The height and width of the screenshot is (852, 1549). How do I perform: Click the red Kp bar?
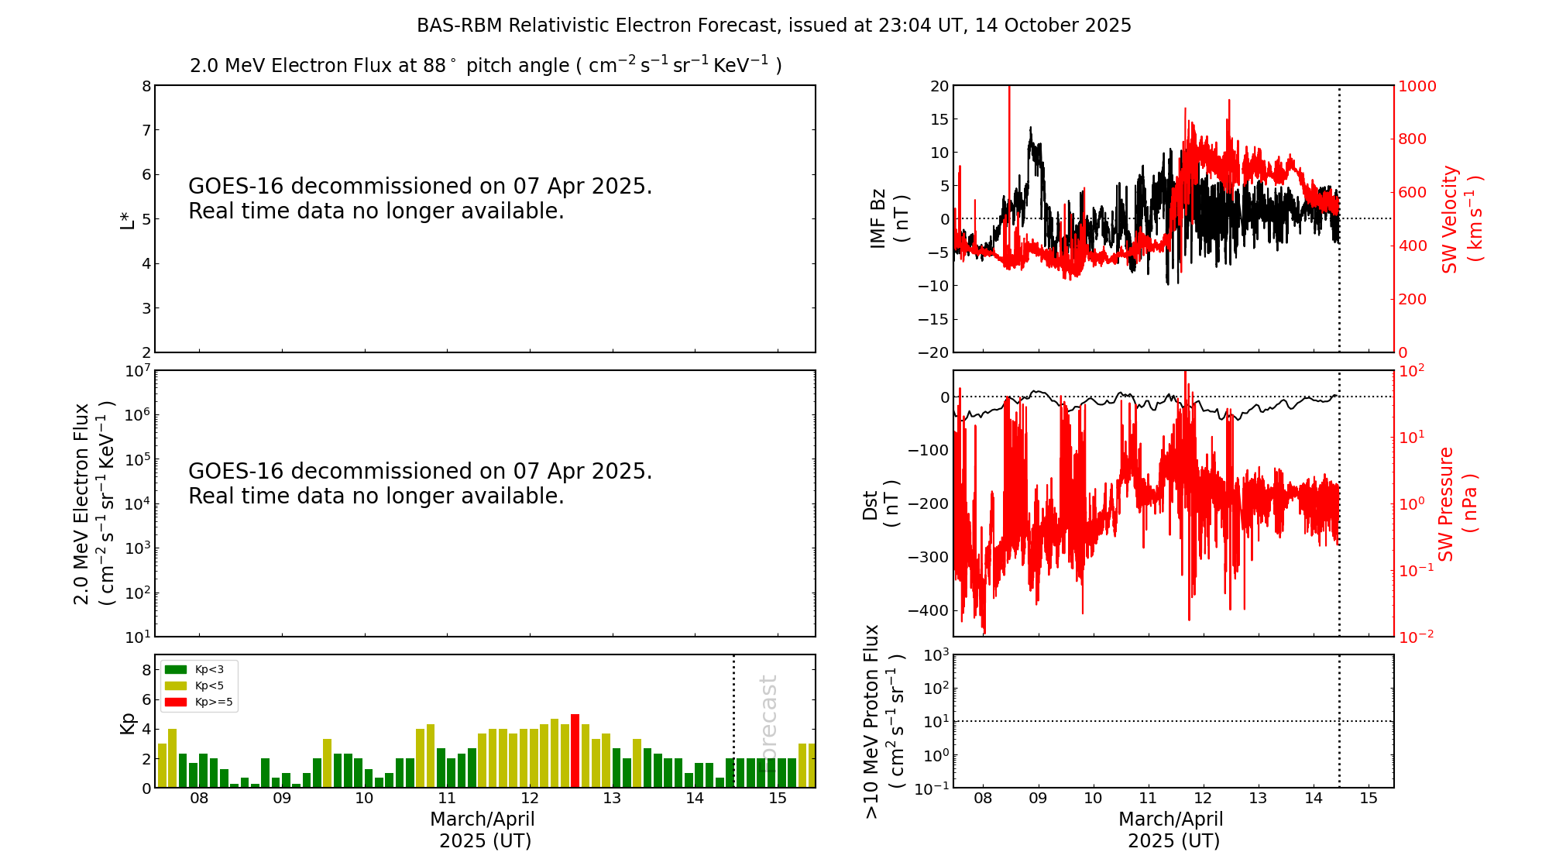coord(575,751)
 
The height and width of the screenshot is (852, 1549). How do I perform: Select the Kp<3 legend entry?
coord(197,669)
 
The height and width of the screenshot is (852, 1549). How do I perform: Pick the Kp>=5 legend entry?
coord(198,703)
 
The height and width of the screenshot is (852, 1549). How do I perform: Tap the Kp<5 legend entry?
coord(197,686)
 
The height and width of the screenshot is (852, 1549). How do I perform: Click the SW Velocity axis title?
coord(1461,219)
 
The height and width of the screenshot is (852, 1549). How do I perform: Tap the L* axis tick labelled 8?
coord(146,86)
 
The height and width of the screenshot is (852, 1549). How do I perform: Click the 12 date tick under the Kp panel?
coord(529,799)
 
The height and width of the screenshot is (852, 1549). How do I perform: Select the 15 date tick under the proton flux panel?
coord(1369,799)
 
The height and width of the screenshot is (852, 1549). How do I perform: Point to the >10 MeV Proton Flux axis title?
coord(884,721)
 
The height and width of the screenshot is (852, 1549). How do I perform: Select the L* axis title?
coord(127,219)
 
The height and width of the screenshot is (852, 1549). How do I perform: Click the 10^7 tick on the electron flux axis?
coord(136,371)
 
